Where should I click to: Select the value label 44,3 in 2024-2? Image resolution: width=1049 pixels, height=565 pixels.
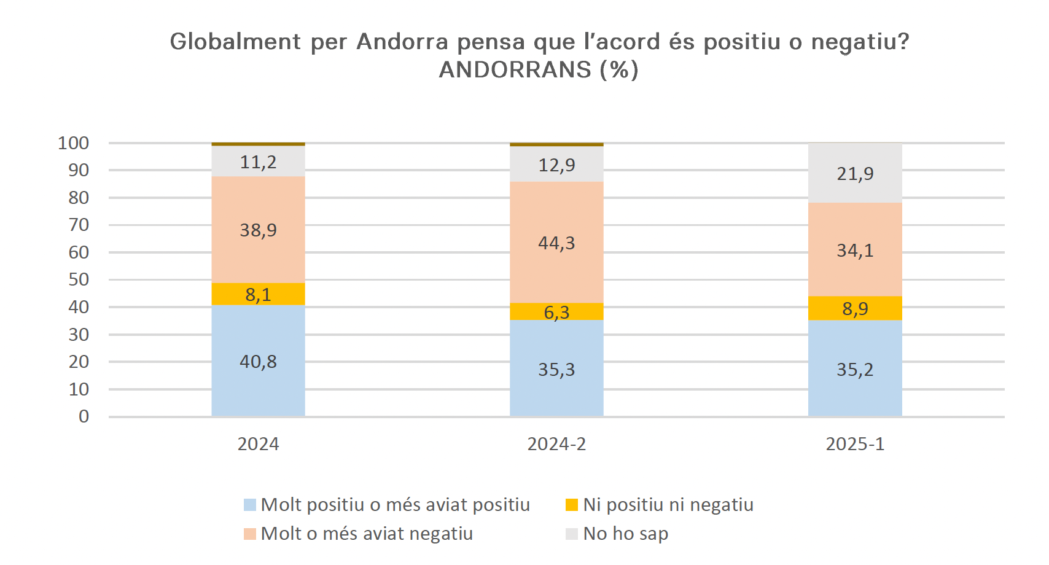(x=556, y=243)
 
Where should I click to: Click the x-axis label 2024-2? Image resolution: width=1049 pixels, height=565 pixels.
(x=556, y=444)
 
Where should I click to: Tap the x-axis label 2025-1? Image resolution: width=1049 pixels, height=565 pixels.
(x=855, y=444)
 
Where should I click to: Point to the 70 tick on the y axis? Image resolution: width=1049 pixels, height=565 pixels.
(x=79, y=225)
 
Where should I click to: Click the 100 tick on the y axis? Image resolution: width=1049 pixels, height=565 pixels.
(x=74, y=143)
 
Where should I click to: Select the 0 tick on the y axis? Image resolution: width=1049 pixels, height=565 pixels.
(x=84, y=416)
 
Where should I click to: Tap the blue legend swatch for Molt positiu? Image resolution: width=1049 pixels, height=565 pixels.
(x=249, y=505)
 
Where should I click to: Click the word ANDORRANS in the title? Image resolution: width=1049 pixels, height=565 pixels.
(x=515, y=70)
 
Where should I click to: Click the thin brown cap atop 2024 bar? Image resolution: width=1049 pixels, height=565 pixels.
(x=258, y=144)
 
